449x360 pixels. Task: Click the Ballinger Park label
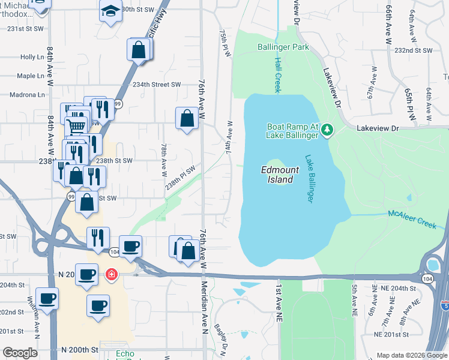click(283, 47)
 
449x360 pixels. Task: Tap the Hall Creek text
click(277, 75)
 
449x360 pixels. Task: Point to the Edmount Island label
click(277, 175)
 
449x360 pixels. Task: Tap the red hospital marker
click(111, 275)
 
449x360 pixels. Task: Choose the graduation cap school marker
click(110, 13)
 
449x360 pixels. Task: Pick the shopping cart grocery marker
click(76, 126)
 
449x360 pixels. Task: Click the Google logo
click(19, 353)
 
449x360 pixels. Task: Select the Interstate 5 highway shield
click(444, 305)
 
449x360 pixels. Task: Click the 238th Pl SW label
click(181, 178)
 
